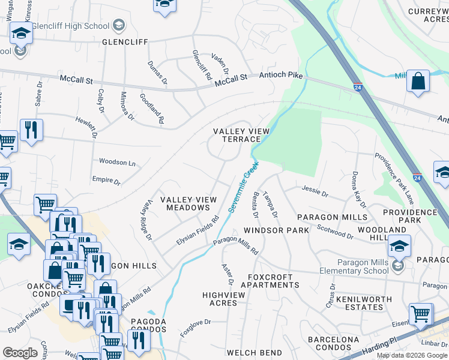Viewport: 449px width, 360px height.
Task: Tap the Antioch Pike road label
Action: [280, 74]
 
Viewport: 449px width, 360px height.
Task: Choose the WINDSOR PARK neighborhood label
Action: [276, 230]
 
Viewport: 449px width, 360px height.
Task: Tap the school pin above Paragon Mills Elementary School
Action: [399, 245]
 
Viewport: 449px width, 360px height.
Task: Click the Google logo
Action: [20, 353]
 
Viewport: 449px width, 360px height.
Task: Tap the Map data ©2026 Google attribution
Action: [412, 355]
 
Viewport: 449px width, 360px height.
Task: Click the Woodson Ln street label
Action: [117, 163]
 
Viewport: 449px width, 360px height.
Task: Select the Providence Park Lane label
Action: [394, 178]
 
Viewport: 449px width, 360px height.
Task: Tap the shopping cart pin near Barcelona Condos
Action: [421, 313]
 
